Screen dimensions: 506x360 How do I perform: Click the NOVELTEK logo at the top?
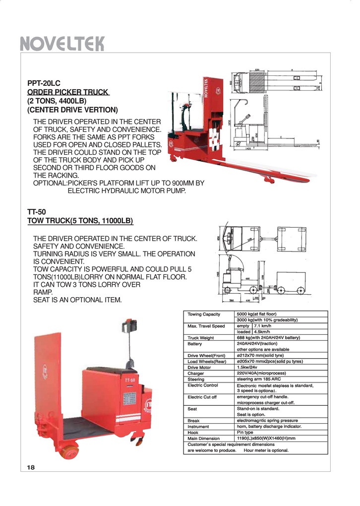pyautogui.click(x=62, y=44)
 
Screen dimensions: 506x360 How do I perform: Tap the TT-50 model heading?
pyautogui.click(x=36, y=212)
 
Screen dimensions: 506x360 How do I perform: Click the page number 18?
pyautogui.click(x=31, y=467)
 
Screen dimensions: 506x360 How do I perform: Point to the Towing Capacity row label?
pyautogui.click(x=204, y=314)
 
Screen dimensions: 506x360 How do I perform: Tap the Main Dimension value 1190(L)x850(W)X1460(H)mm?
pyautogui.click(x=266, y=439)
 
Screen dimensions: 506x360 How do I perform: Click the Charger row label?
pyautogui.click(x=195, y=374)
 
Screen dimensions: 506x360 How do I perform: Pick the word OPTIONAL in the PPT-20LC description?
pyautogui.click(x=49, y=183)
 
